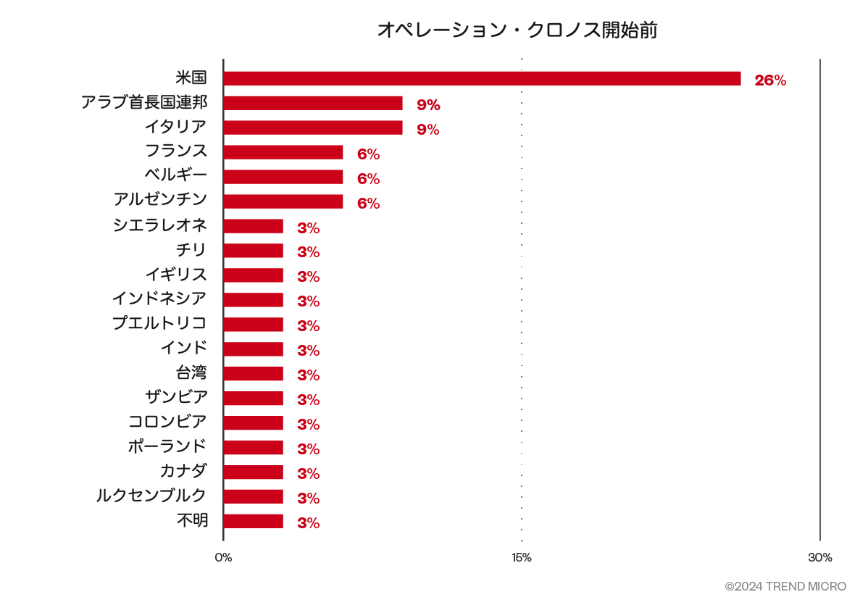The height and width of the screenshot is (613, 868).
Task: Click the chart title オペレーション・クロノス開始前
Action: (517, 30)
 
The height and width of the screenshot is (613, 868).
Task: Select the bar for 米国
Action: (482, 79)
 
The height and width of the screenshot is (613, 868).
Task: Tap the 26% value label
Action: (770, 80)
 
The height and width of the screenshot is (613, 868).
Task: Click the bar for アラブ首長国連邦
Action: (313, 104)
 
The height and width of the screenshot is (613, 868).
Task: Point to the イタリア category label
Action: (175, 127)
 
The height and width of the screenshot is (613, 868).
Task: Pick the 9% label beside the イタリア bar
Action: (428, 130)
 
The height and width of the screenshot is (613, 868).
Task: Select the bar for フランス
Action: (283, 153)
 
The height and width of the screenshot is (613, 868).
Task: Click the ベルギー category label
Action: (175, 175)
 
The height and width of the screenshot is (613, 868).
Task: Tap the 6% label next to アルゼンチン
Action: (368, 204)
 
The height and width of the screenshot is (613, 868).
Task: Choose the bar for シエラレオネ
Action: (253, 227)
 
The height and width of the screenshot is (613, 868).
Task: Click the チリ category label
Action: (191, 250)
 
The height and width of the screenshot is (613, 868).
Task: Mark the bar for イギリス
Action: (253, 276)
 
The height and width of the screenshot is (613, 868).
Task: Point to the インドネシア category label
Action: (159, 299)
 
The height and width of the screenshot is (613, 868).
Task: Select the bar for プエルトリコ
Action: (253, 325)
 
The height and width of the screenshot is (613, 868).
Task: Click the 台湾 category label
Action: (191, 373)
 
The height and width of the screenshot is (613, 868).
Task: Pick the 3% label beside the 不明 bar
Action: (308, 523)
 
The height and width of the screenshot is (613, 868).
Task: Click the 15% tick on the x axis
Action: (521, 558)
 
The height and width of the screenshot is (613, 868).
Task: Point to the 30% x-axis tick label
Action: (820, 558)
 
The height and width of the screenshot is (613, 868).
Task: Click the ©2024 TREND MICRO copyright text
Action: (785, 586)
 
